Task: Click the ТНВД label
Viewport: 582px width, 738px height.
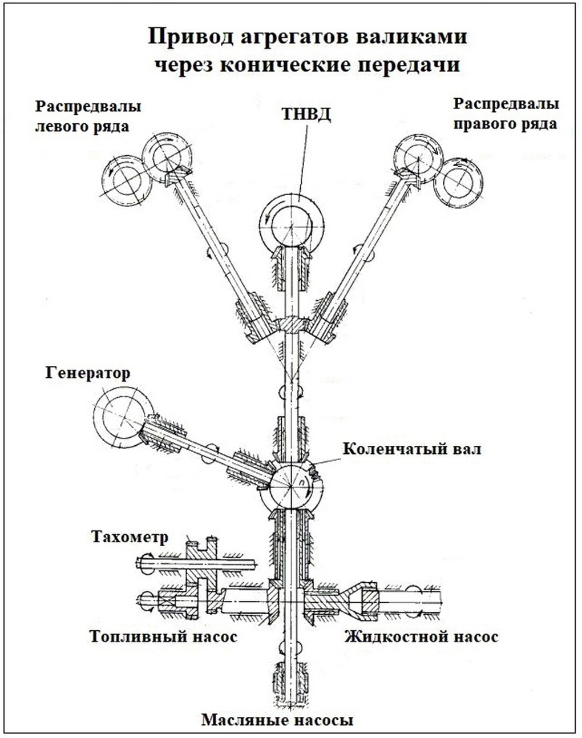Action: [x=306, y=114]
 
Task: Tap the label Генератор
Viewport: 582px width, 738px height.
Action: [x=88, y=373]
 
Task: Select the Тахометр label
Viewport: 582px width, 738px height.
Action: [x=130, y=538]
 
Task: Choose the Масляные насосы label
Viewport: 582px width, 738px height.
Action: [x=277, y=720]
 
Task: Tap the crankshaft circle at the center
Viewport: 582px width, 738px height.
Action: [x=291, y=486]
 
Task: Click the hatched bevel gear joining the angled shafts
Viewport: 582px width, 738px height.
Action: [x=291, y=324]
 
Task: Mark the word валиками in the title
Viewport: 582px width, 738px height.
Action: [x=411, y=36]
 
